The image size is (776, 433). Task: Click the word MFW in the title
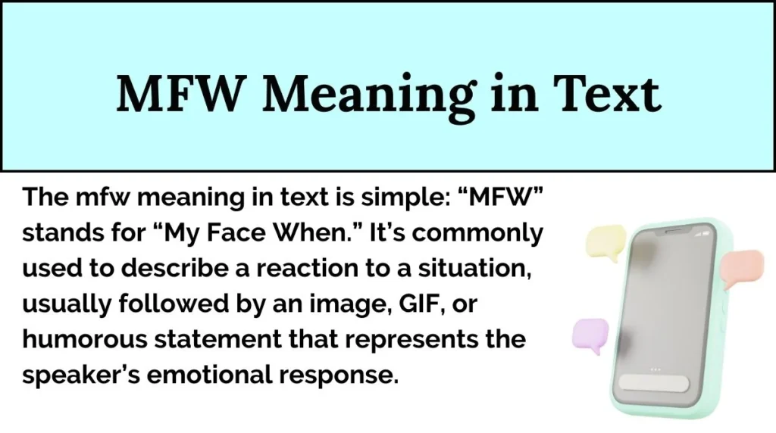[176, 95]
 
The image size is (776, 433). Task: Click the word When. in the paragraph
[326, 234]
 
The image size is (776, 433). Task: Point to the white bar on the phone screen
[652, 382]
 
